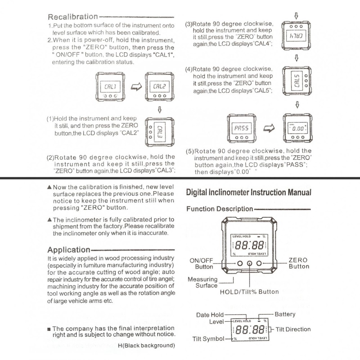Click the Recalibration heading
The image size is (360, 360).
73,17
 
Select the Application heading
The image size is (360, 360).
69,249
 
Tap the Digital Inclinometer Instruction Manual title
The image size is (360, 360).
248,192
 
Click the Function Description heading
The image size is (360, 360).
220,209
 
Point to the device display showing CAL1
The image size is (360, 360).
110,86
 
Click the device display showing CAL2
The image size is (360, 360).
159,86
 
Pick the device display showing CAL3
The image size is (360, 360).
159,132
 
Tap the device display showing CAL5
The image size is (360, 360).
296,81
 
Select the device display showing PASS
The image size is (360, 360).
241,128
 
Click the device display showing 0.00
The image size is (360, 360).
297,128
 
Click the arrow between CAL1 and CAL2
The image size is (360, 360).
136,87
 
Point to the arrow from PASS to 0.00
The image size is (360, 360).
269,128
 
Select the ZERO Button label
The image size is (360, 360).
298,263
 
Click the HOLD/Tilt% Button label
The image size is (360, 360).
249,292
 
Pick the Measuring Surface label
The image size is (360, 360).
203,282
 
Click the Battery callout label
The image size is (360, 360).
285,314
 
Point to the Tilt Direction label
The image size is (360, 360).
293,329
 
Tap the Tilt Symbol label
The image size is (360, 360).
208,339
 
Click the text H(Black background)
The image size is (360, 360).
146,346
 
